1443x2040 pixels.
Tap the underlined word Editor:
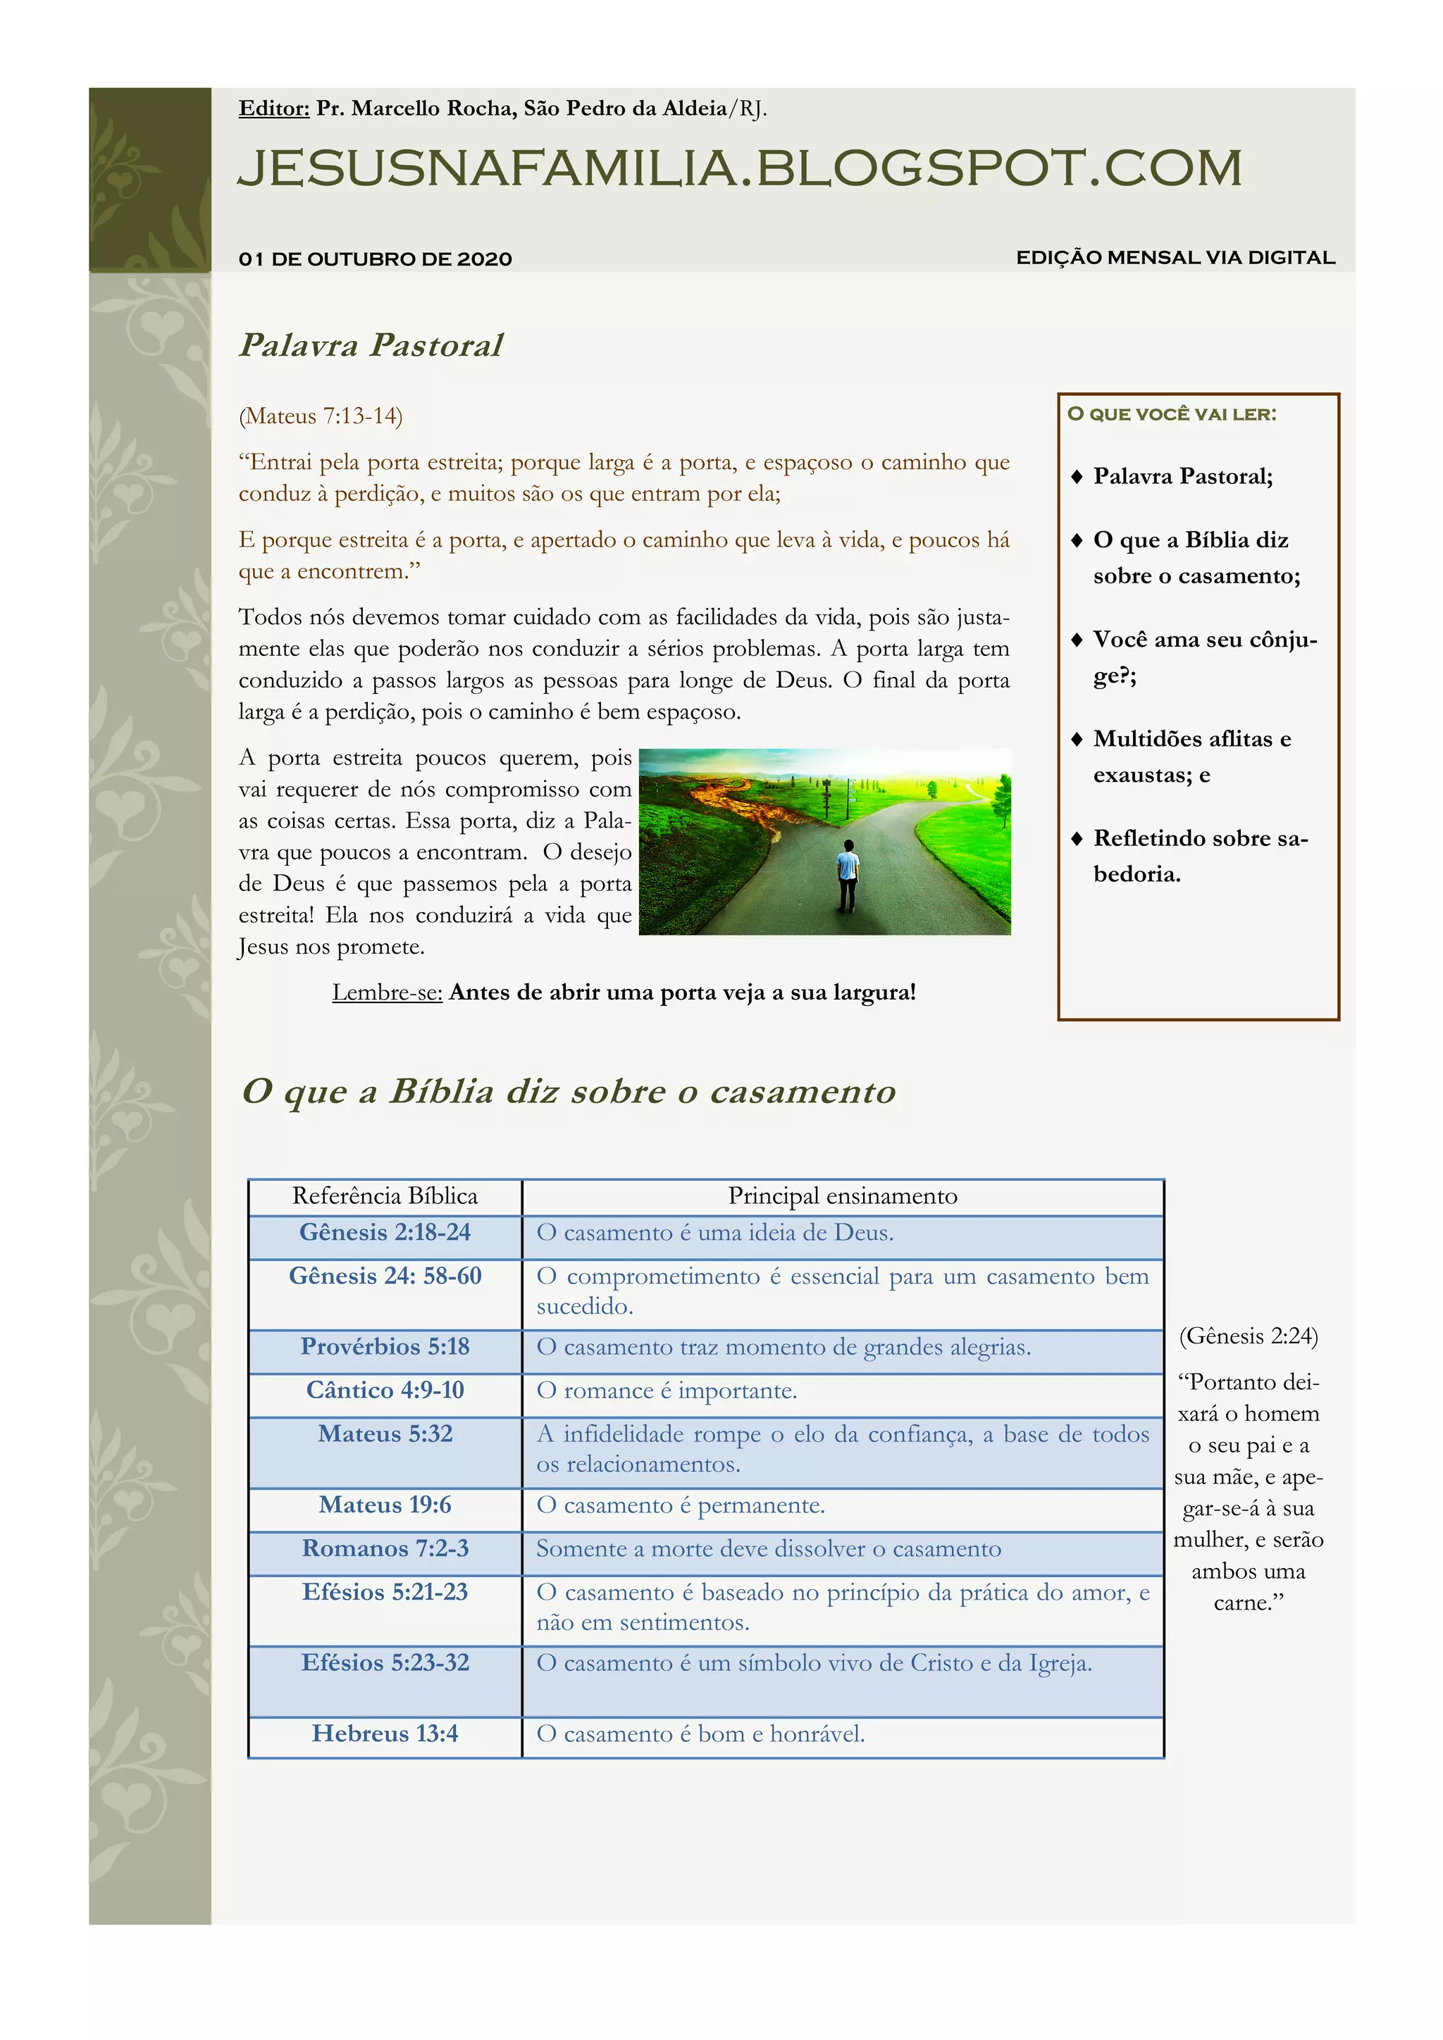point(273,108)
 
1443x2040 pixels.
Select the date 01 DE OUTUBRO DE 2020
point(375,259)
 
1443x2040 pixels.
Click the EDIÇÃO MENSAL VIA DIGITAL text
point(1175,258)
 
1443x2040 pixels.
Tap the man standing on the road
point(848,875)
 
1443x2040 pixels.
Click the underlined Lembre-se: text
point(387,993)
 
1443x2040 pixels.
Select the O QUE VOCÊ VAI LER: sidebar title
point(1171,414)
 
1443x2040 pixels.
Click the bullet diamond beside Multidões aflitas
point(1077,739)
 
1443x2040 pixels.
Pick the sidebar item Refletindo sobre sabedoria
point(1199,856)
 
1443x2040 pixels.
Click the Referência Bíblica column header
point(385,1196)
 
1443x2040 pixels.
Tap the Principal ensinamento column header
point(843,1196)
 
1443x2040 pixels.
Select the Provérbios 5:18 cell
point(385,1346)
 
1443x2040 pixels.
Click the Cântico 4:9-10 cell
point(385,1390)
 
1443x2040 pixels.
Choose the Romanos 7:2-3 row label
point(385,1548)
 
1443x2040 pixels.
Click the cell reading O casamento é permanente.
point(681,1505)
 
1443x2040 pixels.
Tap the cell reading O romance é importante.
point(667,1391)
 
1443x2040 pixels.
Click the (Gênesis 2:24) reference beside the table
point(1249,1336)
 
